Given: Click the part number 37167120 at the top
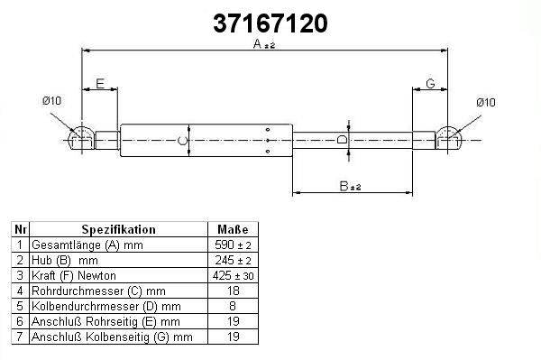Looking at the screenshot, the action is [270, 23].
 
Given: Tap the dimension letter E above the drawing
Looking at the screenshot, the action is [100, 84].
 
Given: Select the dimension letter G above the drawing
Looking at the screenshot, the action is [430, 84].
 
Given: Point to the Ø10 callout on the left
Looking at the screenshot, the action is [51, 101].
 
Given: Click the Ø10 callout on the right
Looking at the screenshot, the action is [486, 102].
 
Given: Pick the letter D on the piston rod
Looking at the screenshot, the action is [342, 140].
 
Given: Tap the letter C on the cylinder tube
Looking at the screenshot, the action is [182, 141].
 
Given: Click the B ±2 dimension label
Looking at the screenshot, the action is [350, 186].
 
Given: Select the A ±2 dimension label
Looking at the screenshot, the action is [264, 44].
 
